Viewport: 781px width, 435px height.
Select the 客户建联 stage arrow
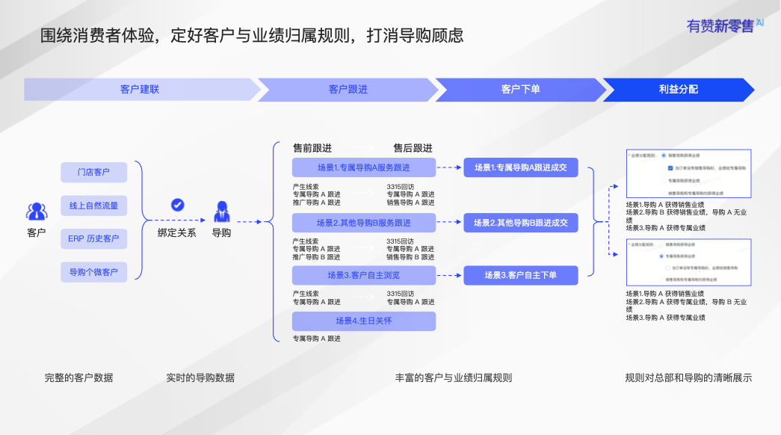pyautogui.click(x=140, y=89)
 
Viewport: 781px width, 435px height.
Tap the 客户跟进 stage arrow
pyautogui.click(x=348, y=89)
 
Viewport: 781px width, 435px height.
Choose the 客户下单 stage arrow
pyautogui.click(x=520, y=89)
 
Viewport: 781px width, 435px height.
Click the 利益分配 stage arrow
pyautogui.click(x=678, y=89)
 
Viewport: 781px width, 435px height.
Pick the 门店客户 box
pyautogui.click(x=93, y=173)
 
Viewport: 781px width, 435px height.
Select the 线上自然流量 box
pyautogui.click(x=93, y=206)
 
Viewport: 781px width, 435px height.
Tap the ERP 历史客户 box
pyautogui.click(x=93, y=239)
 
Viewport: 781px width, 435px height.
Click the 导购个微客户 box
pyautogui.click(x=93, y=272)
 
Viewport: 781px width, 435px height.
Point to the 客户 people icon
pyautogui.click(x=37, y=212)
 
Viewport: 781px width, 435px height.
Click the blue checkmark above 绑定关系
pyautogui.click(x=178, y=205)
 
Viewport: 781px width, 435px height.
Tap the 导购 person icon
pyautogui.click(x=222, y=212)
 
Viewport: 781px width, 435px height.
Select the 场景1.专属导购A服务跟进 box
pyautogui.click(x=363, y=167)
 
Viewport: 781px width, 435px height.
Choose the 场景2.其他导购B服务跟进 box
pyautogui.click(x=363, y=223)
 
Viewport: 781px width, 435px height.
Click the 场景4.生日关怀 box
pyautogui.click(x=363, y=321)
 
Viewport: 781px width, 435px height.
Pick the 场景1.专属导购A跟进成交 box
pyautogui.click(x=521, y=167)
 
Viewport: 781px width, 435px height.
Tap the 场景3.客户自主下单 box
pyautogui.click(x=521, y=275)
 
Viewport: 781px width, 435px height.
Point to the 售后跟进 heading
pyautogui.click(x=413, y=148)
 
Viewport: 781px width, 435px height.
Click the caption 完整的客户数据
pyautogui.click(x=78, y=378)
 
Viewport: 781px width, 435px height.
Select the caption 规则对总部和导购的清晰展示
pyautogui.click(x=688, y=378)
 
